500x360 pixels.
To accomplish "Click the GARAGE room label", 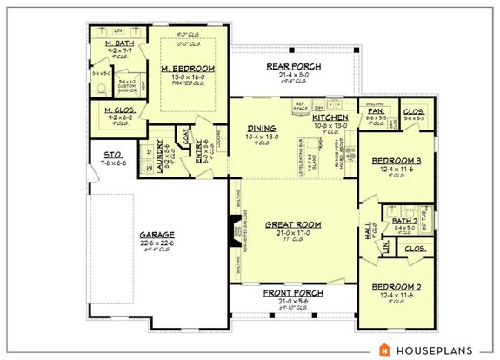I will [x=159, y=234].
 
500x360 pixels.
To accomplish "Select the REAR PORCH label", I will [x=293, y=67].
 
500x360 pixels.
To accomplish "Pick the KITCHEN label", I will [x=330, y=117].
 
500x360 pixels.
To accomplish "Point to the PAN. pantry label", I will [x=375, y=111].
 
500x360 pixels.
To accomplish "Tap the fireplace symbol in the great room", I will [x=233, y=230].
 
